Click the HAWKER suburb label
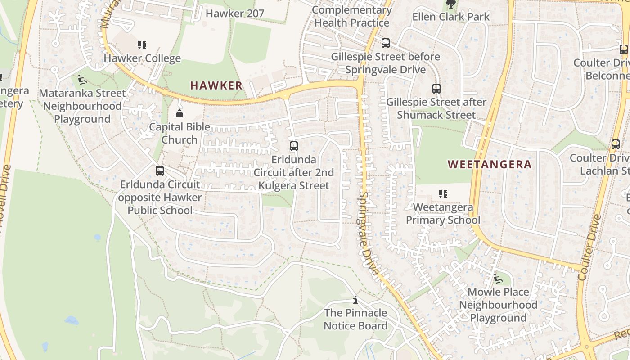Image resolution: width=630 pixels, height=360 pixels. click(216, 85)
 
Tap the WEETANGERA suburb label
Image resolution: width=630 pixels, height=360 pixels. click(490, 164)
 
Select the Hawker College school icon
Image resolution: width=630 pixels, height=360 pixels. click(142, 45)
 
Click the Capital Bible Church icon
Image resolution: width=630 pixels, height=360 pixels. click(180, 113)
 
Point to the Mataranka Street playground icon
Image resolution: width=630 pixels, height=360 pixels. click(82, 80)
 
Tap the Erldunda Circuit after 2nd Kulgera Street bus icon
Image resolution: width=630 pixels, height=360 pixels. click(294, 146)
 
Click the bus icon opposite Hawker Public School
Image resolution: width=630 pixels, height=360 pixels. click(160, 171)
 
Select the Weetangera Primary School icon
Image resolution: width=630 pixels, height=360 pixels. click(443, 194)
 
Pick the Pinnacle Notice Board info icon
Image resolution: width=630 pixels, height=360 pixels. click(355, 300)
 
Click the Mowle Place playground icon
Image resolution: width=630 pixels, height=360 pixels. click(498, 279)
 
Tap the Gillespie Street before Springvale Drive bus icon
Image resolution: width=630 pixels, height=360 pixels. click(386, 43)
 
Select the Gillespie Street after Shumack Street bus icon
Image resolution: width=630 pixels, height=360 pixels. click(436, 89)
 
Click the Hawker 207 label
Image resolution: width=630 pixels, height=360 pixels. click(234, 13)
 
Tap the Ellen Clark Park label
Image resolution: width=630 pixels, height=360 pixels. click(451, 17)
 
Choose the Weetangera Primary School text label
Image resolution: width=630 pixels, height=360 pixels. click(443, 214)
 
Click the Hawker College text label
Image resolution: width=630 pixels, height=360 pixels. click(142, 58)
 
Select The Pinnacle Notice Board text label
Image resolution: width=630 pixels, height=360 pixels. click(355, 319)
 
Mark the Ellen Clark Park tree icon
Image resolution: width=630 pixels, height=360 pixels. click(450, 4)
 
